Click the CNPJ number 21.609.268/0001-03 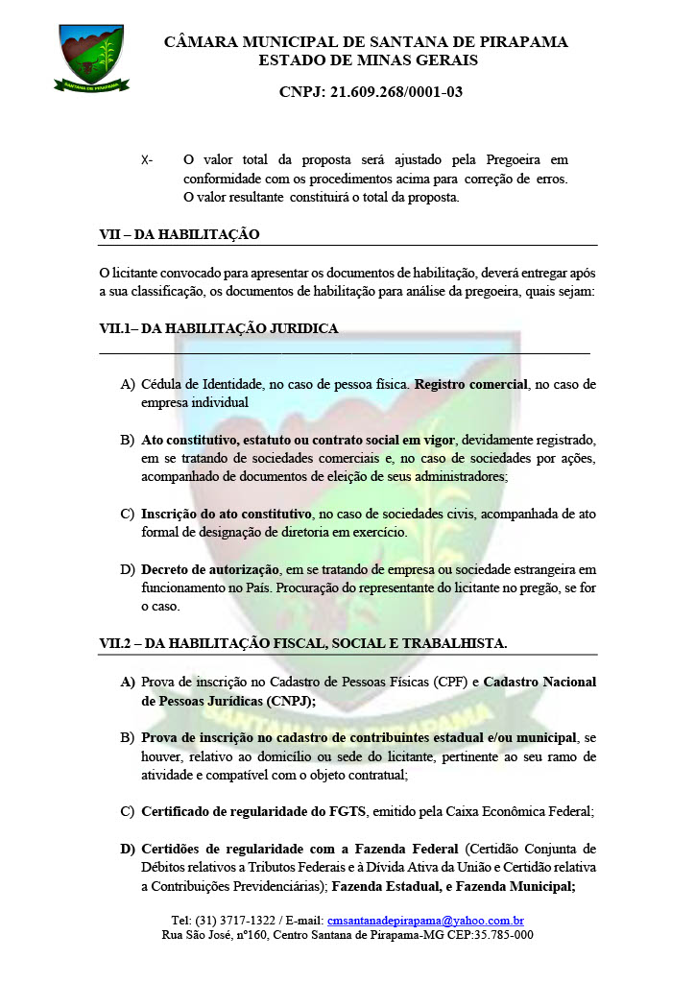(371, 92)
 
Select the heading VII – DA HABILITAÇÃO (180, 234)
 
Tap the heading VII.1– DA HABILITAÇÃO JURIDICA (219, 328)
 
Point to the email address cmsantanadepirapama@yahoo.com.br (425, 920)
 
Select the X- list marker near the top (147, 159)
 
